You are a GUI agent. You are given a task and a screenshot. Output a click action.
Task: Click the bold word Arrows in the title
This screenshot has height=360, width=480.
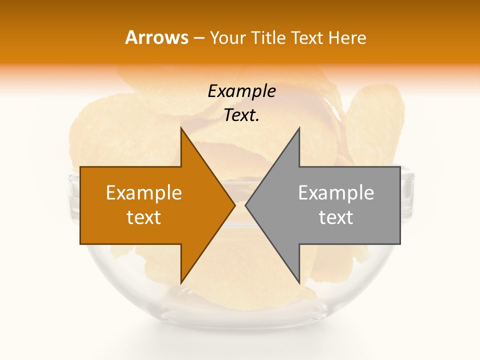coord(156,37)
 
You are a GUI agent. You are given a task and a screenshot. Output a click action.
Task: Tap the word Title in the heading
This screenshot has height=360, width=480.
coord(268,38)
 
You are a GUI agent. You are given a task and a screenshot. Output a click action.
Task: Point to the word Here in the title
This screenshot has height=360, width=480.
coord(347,38)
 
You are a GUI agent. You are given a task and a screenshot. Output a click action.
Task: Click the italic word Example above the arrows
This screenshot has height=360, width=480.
coord(241,91)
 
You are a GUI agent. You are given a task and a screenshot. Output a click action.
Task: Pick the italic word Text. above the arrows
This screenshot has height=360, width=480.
coord(241,115)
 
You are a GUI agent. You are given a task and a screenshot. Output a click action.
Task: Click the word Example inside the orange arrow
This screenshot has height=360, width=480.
coord(144,193)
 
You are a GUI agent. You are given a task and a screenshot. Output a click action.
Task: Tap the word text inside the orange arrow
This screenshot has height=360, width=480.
coord(144,217)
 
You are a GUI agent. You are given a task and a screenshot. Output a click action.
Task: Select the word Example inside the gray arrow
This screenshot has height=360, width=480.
coord(336,193)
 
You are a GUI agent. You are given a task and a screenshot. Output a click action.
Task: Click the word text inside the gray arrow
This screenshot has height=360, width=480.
coord(336,217)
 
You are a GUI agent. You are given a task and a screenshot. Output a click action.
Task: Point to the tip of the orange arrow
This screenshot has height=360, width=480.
coord(235,205)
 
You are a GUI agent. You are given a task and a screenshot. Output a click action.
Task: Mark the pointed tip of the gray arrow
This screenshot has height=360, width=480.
coord(245,205)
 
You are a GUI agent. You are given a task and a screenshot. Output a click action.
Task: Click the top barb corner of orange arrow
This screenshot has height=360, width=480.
coord(181,127)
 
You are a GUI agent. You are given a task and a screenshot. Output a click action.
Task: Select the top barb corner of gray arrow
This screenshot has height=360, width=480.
coord(299,127)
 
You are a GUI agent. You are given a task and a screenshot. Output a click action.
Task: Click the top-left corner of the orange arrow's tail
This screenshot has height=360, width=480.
coord(80,167)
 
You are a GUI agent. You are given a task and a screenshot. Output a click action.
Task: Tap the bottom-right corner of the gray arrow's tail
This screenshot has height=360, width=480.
coord(400,243)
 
